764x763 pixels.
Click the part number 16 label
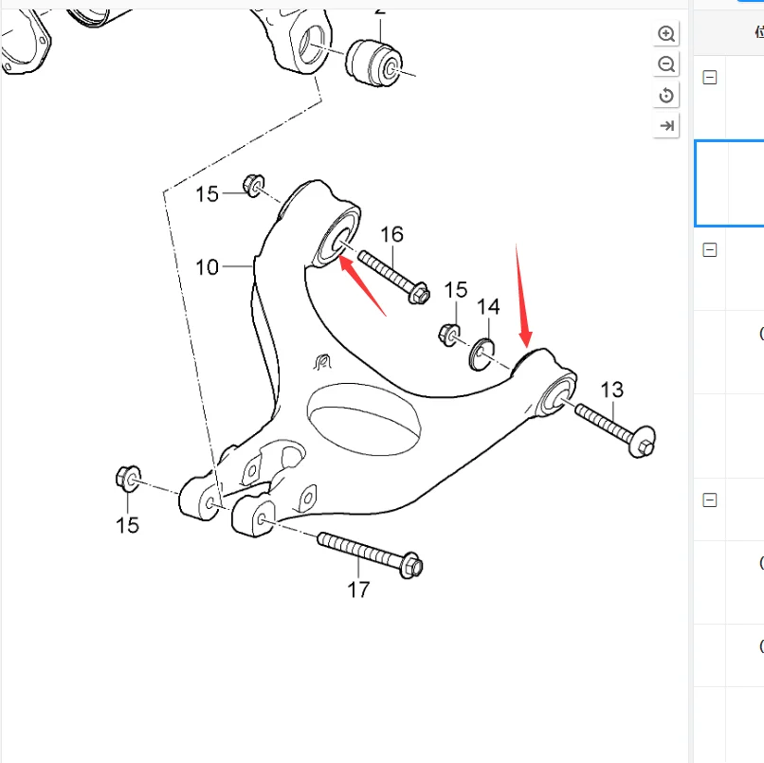click(x=391, y=235)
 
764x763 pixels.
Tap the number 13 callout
click(x=611, y=390)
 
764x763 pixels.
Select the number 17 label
click(x=357, y=590)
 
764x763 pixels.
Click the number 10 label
click(x=207, y=267)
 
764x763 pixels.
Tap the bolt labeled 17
click(x=370, y=553)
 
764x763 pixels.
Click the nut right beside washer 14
click(x=449, y=333)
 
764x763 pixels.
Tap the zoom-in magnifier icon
click(x=666, y=34)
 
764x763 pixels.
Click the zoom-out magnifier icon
click(x=666, y=64)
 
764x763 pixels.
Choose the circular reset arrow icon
click(x=666, y=95)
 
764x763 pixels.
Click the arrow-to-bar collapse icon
click(x=666, y=125)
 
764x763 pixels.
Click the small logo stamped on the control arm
click(x=320, y=361)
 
